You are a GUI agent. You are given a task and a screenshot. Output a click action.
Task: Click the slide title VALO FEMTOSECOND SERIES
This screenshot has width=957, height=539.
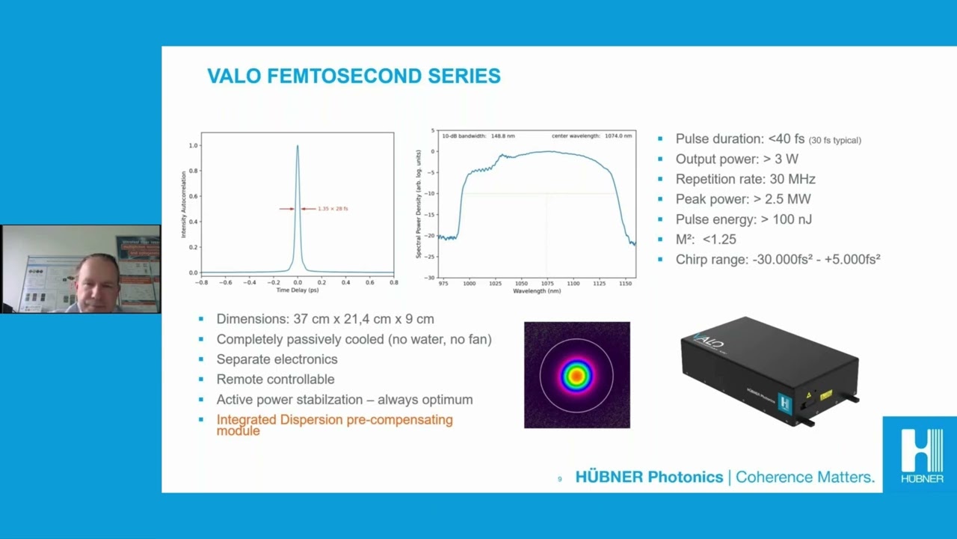pos(354,76)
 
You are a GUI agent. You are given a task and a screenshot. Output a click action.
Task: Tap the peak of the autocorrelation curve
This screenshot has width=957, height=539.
pos(298,147)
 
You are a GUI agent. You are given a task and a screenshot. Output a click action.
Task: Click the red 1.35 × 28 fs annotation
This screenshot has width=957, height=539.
pos(333,209)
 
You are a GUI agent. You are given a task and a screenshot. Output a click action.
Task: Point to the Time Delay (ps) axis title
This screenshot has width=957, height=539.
pos(298,290)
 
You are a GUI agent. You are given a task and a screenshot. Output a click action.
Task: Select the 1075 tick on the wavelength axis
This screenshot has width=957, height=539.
pos(547,283)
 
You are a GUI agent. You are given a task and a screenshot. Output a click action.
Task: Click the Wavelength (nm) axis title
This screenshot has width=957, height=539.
pos(537,290)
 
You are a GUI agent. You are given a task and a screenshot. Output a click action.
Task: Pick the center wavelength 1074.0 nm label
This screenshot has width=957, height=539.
pos(591,136)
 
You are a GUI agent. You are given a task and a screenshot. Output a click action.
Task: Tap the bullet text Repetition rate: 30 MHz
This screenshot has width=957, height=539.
pos(745,179)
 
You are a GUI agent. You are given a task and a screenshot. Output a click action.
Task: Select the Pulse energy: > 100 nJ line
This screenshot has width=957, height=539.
pos(743,219)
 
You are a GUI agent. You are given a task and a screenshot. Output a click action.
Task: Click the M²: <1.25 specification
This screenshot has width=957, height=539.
pos(705,240)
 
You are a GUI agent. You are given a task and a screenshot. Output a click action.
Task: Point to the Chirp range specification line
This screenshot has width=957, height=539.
pos(778,260)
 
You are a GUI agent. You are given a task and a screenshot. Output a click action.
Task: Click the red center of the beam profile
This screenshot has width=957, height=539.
pos(576,375)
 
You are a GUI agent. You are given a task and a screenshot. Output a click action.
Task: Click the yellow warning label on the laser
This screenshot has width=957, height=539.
pos(825,395)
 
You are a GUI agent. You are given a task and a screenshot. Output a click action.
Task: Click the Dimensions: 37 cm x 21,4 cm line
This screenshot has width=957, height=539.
pos(324,319)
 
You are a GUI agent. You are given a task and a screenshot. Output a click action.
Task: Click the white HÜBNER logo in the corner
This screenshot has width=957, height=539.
pos(921,454)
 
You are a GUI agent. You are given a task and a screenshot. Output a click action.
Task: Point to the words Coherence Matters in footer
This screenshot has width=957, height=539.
pos(804,477)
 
